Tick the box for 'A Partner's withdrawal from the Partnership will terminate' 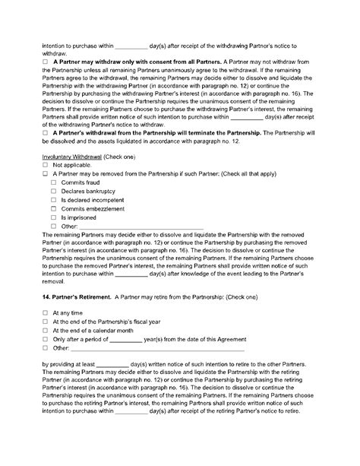coord(46,132)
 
